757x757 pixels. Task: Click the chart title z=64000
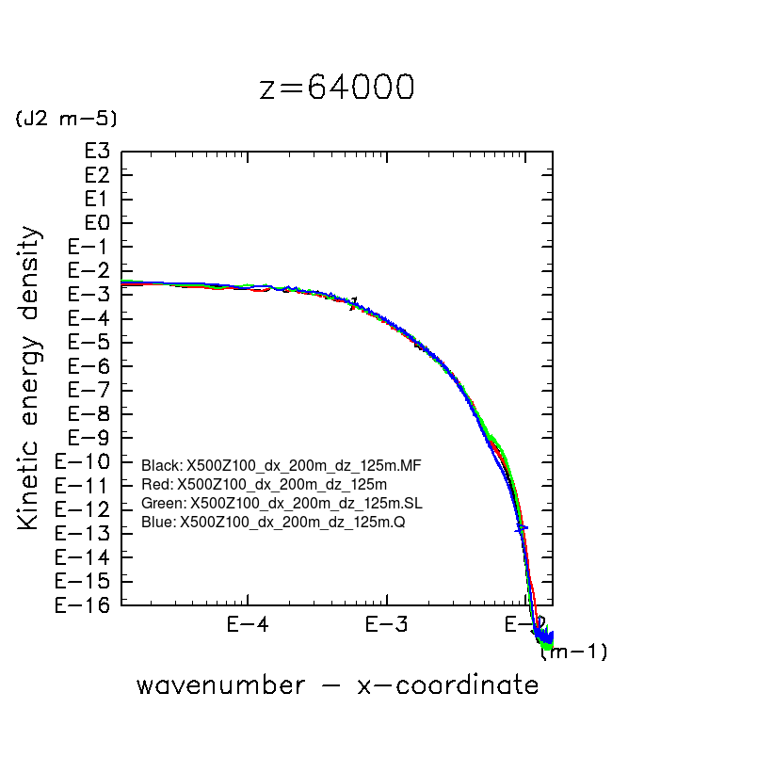(x=336, y=87)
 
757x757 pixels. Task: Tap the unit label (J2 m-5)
(x=65, y=119)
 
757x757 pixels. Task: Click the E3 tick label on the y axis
(x=98, y=152)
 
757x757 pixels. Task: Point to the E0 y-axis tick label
(x=98, y=223)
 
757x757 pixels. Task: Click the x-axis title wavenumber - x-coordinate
(x=337, y=685)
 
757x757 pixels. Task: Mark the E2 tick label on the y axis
(x=98, y=175)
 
